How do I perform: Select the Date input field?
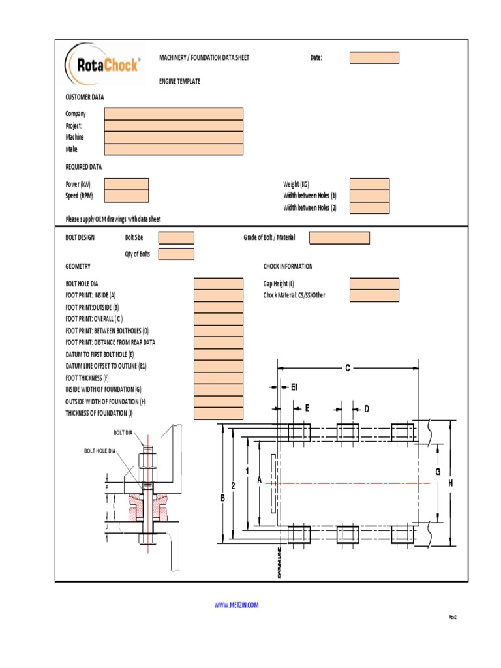374,58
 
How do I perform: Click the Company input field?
174,114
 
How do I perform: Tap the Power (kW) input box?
127,185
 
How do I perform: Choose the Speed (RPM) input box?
127,196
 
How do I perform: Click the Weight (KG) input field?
369,185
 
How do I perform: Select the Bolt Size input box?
176,238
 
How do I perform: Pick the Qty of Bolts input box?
176,254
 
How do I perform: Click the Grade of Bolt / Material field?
339,238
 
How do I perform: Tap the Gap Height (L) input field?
374,284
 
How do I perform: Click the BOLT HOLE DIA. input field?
219,284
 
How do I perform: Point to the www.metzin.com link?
236,605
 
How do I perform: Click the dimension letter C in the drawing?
348,368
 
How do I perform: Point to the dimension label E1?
294,387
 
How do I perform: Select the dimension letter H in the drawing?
450,483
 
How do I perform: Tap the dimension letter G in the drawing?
438,471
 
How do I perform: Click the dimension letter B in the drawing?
222,498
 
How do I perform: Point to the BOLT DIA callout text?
123,433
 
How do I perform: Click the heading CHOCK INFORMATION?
288,267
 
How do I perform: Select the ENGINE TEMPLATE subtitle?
180,82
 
